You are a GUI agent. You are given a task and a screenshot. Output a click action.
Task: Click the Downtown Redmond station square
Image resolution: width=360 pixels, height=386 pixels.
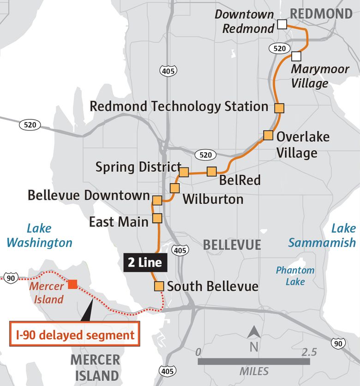[x=282, y=24]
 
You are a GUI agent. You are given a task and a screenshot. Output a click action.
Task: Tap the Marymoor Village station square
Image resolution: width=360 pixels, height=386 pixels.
[x=296, y=56]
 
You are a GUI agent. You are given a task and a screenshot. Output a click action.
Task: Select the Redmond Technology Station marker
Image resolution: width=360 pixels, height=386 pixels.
[x=279, y=108]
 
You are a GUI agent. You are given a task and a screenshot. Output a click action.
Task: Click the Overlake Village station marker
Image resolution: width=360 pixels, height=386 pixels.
[x=268, y=135]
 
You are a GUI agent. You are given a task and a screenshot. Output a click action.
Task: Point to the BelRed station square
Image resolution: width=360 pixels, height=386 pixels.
[x=212, y=172]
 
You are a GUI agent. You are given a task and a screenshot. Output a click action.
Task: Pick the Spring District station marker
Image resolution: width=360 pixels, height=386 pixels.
[x=184, y=172]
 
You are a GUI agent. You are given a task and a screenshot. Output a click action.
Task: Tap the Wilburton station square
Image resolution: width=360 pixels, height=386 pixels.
[x=174, y=188]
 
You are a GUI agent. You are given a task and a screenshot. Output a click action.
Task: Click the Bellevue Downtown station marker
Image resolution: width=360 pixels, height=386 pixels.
[x=157, y=200]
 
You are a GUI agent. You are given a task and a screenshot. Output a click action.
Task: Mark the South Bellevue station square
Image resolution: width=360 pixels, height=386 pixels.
[x=159, y=286]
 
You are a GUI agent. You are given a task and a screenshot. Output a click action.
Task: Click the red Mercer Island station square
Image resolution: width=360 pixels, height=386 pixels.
[x=72, y=284]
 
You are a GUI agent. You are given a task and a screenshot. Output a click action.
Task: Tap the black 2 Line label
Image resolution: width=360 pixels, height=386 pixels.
[x=145, y=263]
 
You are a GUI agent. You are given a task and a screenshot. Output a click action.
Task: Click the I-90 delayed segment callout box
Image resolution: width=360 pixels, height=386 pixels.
[x=75, y=335]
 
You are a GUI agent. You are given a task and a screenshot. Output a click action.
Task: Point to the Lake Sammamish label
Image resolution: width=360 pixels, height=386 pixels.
[x=322, y=235]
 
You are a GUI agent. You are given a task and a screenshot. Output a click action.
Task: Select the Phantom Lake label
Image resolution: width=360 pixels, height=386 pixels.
[x=295, y=276]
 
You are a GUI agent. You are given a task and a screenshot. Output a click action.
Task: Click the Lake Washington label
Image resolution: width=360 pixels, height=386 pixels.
[x=39, y=235]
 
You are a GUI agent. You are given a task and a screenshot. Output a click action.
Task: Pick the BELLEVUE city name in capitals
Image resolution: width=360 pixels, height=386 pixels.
[x=232, y=244]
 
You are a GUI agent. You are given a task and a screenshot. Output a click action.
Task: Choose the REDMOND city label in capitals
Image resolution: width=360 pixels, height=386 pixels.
[x=321, y=14]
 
